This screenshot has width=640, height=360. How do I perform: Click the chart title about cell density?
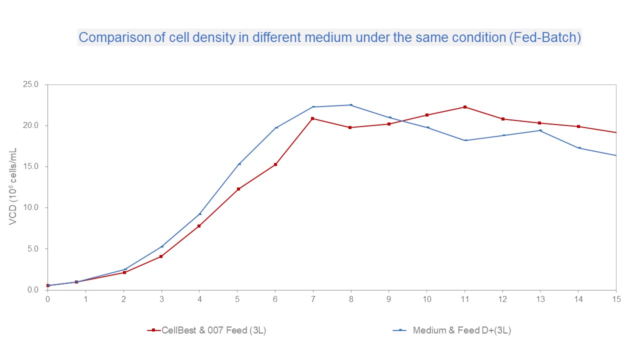(329, 38)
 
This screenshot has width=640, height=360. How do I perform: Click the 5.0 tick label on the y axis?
(32, 249)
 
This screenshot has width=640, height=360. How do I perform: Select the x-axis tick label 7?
(313, 299)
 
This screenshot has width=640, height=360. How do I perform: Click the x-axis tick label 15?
(616, 299)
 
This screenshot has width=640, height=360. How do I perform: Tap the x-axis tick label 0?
(47, 299)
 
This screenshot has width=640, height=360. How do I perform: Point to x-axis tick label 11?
(464, 299)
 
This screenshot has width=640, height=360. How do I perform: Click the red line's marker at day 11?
(465, 107)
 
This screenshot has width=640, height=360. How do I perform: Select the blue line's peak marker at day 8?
(351, 105)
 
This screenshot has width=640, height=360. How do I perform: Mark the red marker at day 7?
(313, 118)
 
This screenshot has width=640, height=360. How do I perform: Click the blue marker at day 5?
(239, 164)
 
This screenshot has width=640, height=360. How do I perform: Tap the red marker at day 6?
(275, 164)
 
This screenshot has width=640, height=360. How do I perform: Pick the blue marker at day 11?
(465, 140)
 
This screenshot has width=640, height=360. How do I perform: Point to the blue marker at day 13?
(540, 130)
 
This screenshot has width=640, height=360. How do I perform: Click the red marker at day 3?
(161, 256)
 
